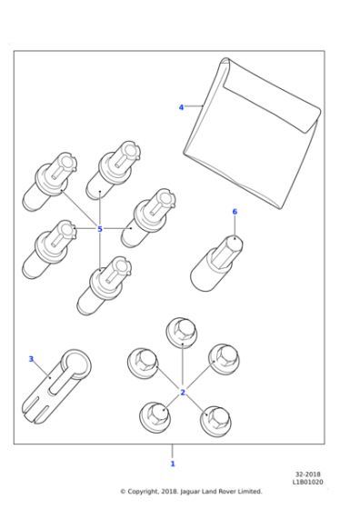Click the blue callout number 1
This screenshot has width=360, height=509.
click(x=173, y=464)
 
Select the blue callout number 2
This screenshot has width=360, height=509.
click(x=183, y=392)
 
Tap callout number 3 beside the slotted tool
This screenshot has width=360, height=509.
click(x=31, y=359)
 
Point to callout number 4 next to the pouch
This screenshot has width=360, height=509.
click(x=181, y=107)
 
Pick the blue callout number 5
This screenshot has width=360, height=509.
click(x=100, y=229)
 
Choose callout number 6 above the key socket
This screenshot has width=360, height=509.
click(x=235, y=212)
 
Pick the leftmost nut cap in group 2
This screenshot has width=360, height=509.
click(x=142, y=363)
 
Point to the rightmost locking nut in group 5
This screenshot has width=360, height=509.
click(x=152, y=218)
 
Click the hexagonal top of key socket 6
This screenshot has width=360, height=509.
click(x=234, y=244)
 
